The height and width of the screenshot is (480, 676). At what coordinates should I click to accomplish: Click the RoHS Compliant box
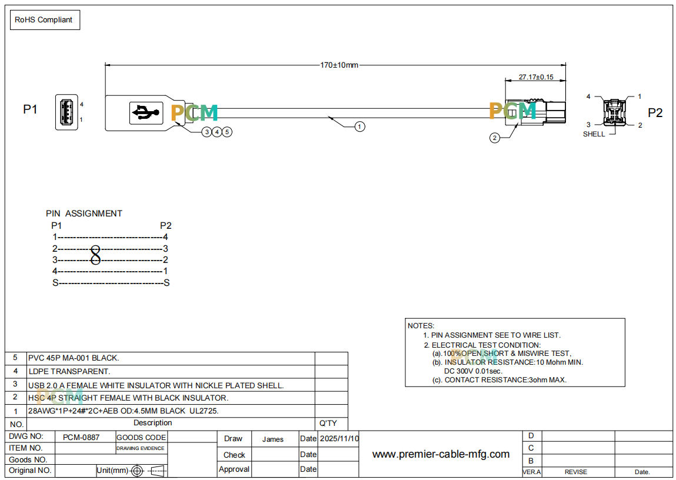[x=45, y=20]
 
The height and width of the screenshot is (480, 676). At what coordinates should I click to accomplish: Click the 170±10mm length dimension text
[x=339, y=65]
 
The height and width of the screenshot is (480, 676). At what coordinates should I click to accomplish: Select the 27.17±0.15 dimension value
[x=536, y=77]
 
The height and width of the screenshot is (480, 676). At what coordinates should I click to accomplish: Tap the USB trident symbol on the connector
[x=146, y=113]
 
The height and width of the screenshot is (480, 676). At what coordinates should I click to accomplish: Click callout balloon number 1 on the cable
[x=359, y=126]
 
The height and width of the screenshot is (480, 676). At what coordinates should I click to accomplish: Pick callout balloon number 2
[x=494, y=138]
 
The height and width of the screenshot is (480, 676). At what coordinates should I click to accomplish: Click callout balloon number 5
[x=227, y=132]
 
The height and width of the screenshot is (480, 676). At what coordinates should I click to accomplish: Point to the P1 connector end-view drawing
[x=66, y=112]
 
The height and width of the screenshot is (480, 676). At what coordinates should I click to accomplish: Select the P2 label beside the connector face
[x=655, y=112]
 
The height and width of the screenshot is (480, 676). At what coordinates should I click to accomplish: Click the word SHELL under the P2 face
[x=594, y=134]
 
